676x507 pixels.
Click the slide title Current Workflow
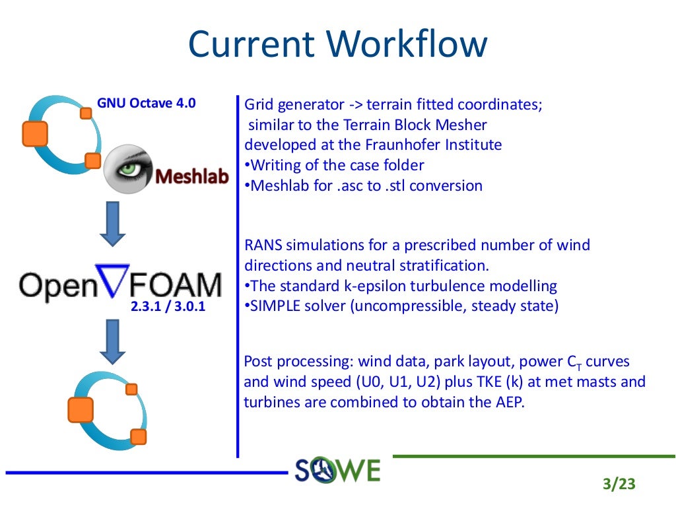point(338,44)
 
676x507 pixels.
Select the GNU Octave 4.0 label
point(147,103)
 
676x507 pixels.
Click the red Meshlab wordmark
point(192,176)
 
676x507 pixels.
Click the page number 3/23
point(619,484)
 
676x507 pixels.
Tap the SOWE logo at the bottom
point(338,470)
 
